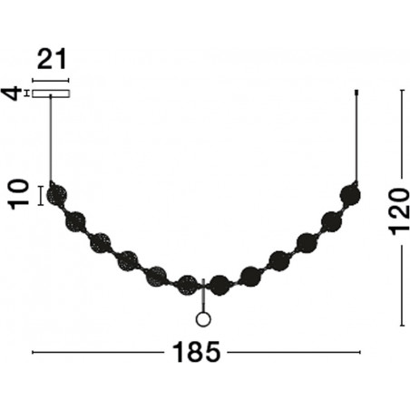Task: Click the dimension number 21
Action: [52, 59]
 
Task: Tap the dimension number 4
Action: [12, 93]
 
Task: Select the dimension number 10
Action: [19, 194]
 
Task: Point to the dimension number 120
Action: [399, 211]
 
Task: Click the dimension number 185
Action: [196, 352]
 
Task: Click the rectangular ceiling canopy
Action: [51, 93]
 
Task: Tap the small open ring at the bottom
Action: [203, 319]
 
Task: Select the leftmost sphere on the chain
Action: [56, 195]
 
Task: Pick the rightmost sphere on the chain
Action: [350, 195]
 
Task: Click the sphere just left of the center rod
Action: [188, 285]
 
